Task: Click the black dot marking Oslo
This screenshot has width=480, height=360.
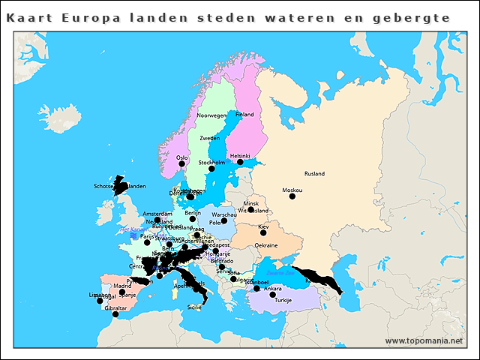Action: (x=181, y=163)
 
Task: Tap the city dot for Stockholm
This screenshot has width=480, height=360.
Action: (x=211, y=169)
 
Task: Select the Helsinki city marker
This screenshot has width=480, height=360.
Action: (x=240, y=162)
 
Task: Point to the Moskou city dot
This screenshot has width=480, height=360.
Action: (x=292, y=196)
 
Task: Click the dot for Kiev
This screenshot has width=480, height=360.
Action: (x=262, y=232)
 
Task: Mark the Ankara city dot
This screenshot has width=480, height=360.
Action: (x=272, y=295)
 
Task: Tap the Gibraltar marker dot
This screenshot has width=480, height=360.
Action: (x=115, y=314)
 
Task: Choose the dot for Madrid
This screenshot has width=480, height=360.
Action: (x=122, y=292)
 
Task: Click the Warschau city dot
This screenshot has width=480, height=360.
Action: (x=224, y=220)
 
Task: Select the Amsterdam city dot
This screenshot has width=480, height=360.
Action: (x=157, y=220)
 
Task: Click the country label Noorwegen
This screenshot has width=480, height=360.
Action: (x=211, y=115)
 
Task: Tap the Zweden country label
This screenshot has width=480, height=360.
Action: (x=209, y=139)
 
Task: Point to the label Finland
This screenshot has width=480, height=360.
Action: (x=244, y=115)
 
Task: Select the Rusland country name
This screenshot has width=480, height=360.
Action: (x=314, y=173)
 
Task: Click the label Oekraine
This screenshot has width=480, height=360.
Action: (x=266, y=245)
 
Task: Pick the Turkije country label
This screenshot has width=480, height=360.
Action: (x=283, y=300)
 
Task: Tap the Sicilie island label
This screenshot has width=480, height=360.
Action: (x=194, y=307)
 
